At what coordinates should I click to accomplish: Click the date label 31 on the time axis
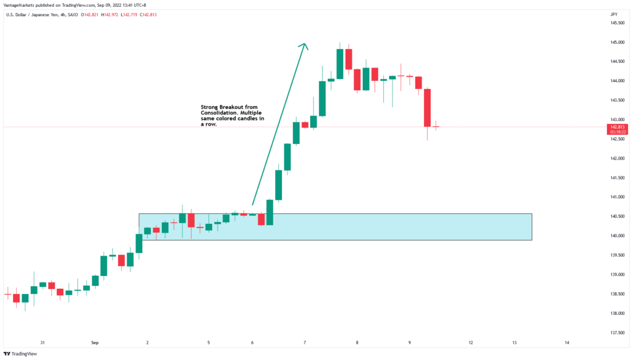click(x=43, y=342)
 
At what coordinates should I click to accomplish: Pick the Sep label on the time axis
click(x=95, y=342)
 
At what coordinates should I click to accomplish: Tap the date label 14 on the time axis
click(x=567, y=342)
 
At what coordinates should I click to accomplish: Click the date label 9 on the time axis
click(x=410, y=342)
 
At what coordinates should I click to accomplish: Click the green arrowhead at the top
click(x=303, y=45)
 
